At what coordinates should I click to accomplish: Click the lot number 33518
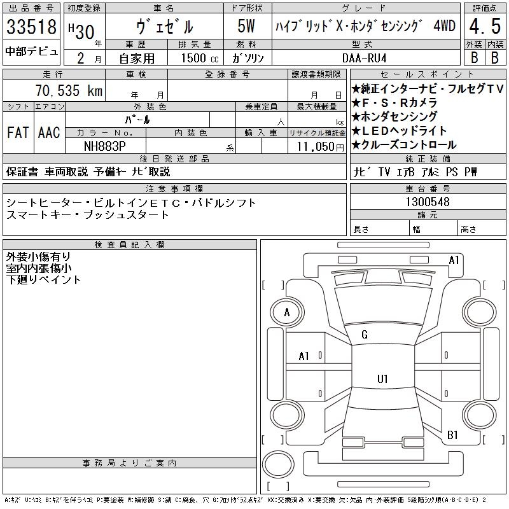(31, 27)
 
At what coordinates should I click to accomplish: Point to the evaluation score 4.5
(484, 27)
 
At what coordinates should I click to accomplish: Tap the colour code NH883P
(105, 146)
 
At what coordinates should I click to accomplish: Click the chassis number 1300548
(428, 202)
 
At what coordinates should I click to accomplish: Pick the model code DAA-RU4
(365, 57)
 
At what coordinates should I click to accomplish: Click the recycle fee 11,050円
(316, 146)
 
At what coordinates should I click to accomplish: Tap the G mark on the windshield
(365, 335)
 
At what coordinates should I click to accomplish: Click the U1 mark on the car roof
(382, 379)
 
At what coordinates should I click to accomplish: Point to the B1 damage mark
(453, 435)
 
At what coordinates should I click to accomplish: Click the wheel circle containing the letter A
(287, 312)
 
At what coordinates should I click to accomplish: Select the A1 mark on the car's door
(304, 356)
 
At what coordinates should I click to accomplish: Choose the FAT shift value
(17, 132)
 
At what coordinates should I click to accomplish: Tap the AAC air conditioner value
(48, 132)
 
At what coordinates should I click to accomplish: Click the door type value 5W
(246, 27)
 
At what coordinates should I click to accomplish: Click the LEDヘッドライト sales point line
(408, 130)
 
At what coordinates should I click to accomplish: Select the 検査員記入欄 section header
(130, 244)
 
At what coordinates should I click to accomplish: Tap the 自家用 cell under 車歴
(138, 57)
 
